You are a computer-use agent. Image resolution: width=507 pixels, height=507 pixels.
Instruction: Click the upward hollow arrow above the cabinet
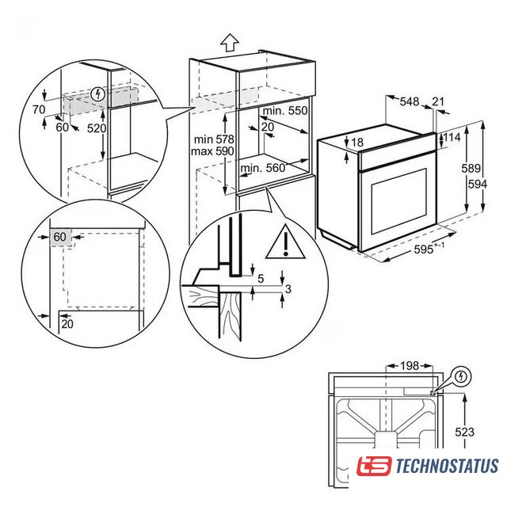coord(230,42)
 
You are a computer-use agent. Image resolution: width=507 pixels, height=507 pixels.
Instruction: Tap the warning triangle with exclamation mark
coord(285,242)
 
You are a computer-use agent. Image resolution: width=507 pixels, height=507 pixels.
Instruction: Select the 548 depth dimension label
coord(410,101)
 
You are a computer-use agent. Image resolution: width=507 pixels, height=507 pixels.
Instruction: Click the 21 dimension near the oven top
coord(438,101)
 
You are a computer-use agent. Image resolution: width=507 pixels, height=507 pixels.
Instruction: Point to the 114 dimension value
coord(452,137)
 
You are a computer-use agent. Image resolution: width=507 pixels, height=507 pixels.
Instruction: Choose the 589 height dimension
coord(471,168)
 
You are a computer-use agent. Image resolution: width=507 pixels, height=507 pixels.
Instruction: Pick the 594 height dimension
coord(478,184)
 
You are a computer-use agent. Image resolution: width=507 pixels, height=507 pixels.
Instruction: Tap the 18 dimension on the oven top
coord(357,142)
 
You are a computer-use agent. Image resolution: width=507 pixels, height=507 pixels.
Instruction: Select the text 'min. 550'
coord(285,111)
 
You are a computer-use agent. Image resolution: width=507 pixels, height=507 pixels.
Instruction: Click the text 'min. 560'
coord(263,168)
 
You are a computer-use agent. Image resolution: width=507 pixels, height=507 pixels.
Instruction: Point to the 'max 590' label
coord(212,151)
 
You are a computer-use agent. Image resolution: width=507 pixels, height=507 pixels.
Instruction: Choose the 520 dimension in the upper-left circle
coord(97,128)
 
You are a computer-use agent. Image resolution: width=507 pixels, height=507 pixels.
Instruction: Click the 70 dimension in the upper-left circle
coord(39,109)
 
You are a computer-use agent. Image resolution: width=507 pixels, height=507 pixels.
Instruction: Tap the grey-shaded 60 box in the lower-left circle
coord(60,238)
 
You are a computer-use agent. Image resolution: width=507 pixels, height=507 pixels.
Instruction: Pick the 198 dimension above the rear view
coord(410,366)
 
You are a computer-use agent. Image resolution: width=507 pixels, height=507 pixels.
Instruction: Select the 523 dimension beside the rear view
coord(465,432)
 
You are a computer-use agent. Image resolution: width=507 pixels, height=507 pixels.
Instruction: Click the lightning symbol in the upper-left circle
coord(98,94)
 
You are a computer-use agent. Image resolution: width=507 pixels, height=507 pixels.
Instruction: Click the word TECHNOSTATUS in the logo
coord(448,466)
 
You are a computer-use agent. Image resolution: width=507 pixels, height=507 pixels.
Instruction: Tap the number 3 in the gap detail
coord(288,288)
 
